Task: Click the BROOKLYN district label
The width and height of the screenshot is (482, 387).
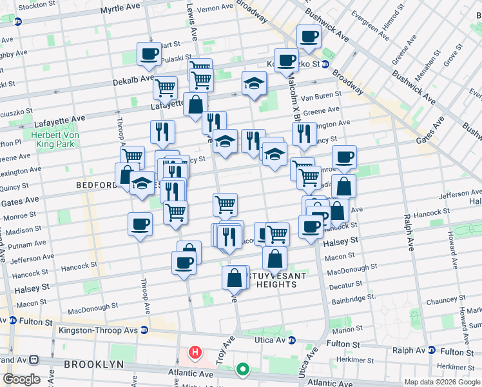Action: tap(93, 364)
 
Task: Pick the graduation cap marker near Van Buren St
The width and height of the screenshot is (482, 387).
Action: tap(254, 83)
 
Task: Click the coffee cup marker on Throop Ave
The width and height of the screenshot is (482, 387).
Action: tap(140, 224)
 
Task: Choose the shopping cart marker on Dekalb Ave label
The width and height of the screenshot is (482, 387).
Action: tap(165, 87)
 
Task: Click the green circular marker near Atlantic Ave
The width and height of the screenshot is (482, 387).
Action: tap(242, 370)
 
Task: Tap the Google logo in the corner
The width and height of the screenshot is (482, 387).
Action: tap(21, 379)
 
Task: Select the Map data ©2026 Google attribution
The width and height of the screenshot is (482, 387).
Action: tap(442, 382)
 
